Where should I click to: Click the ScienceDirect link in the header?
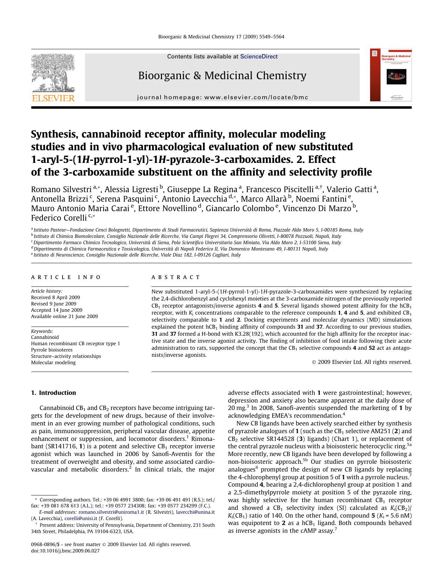[259, 57]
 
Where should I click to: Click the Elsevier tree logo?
[53, 73]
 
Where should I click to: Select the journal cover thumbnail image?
[391, 75]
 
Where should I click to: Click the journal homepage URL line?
[222, 97]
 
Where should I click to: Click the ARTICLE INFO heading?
[66, 277]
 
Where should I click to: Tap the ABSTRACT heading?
[176, 277]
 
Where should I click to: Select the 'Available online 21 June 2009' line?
[64, 316]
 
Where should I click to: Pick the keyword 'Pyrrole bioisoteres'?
[52, 350]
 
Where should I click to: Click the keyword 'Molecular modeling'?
[53, 362]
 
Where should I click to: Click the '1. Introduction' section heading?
[53, 393]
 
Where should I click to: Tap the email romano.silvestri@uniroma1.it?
[111, 512]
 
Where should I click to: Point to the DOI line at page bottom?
[65, 551]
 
